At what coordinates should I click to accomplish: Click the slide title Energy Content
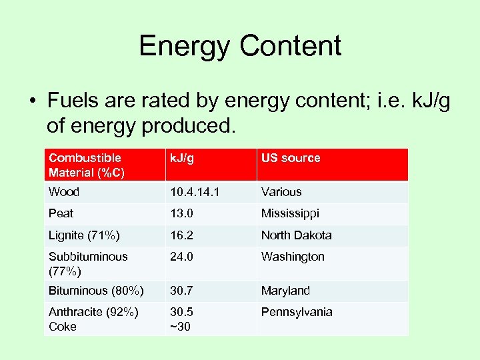240,46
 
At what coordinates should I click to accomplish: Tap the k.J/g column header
182,158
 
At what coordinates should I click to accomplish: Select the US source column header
291,158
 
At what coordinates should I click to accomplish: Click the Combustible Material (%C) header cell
85,165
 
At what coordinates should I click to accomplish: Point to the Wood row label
64,192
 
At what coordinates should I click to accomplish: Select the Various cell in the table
281,192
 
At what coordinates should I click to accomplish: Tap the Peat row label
61,213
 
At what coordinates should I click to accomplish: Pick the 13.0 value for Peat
182,213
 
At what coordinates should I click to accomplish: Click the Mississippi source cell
290,213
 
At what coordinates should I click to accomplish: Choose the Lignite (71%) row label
83,235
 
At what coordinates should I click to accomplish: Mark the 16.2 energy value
182,235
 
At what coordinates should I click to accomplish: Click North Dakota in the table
296,235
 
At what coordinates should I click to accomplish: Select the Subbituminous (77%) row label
88,263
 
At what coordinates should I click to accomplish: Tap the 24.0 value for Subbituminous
182,257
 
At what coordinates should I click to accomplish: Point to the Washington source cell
293,257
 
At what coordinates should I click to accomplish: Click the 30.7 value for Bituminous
182,291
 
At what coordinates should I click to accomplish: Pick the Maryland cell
285,291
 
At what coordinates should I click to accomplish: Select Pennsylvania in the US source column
297,312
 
